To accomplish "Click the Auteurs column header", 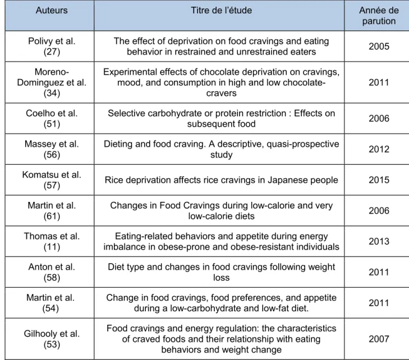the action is pos(52,11).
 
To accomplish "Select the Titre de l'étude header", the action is pos(222,11).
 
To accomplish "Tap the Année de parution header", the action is pos(379,16).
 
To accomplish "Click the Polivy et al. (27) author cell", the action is pos(52,47).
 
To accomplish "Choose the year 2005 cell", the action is pos(379,47).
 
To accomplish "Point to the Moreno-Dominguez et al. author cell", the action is pos(52,82).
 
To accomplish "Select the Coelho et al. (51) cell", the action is pos(52,118).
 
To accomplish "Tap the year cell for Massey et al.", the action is pos(379,149).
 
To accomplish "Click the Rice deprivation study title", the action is pos(222,180).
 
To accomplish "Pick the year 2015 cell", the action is pos(379,180).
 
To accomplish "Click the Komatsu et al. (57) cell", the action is pos(52,180).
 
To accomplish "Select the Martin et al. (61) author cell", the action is pos(52,211).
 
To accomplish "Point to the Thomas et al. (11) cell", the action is pos(52,241).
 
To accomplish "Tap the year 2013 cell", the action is pos(379,241).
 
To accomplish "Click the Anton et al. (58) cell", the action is pos(52,272).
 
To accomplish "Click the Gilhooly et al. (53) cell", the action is pos(52,339).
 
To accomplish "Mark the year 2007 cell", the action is pos(379,339).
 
